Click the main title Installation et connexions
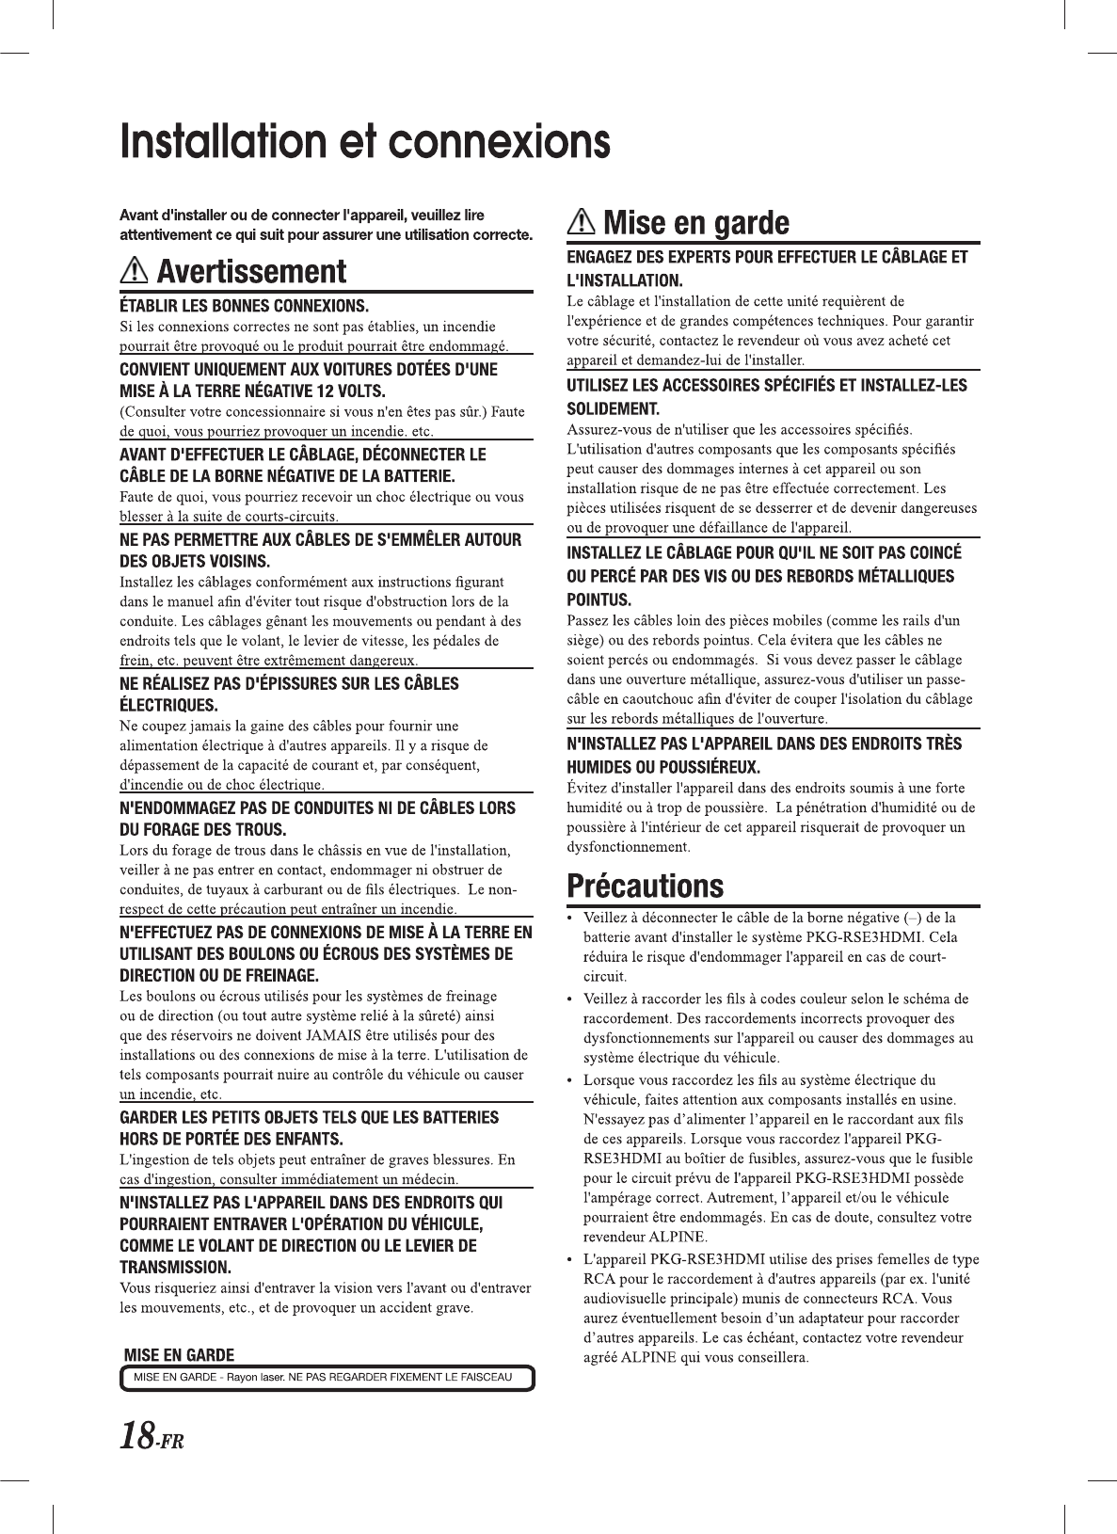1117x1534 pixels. pyautogui.click(x=364, y=142)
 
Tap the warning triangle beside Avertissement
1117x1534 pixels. pyautogui.click(x=135, y=272)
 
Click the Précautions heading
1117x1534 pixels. pyautogui.click(x=646, y=887)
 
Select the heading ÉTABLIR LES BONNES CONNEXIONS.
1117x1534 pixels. pyautogui.click(x=244, y=306)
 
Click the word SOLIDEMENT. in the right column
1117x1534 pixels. pyautogui.click(x=613, y=408)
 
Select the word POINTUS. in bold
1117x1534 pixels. pyautogui.click(x=598, y=599)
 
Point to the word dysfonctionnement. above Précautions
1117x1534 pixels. pyautogui.click(x=629, y=847)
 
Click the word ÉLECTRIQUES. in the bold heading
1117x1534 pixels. pyautogui.click(x=168, y=705)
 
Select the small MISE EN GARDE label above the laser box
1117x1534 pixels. pyautogui.click(x=180, y=1355)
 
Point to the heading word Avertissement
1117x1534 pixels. pyautogui.click(x=251, y=272)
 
